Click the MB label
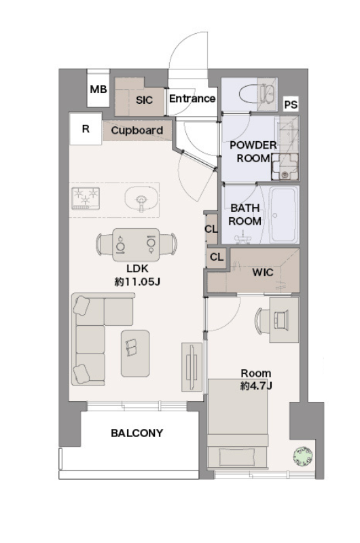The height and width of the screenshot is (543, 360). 98,90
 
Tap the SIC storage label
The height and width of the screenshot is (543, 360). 144,100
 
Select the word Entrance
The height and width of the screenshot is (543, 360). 192,98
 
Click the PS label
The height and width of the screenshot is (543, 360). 291,105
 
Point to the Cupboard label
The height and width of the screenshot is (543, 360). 137,130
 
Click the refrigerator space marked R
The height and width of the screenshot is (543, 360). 86,129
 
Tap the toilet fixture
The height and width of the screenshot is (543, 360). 257,94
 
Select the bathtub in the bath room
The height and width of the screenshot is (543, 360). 284,214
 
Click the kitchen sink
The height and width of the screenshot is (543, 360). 141,199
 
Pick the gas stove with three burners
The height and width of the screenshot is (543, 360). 86,198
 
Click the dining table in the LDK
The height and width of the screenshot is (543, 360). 136,244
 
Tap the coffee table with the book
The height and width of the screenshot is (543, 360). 135,353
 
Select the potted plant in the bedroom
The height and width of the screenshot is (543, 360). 303,455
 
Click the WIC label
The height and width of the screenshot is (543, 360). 263,273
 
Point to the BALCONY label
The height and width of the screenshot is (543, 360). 137,433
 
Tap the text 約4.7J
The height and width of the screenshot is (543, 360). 256,386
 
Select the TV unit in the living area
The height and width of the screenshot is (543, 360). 192,367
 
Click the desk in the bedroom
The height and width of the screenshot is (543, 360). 284,320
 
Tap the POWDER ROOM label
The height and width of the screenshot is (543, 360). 253,151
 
